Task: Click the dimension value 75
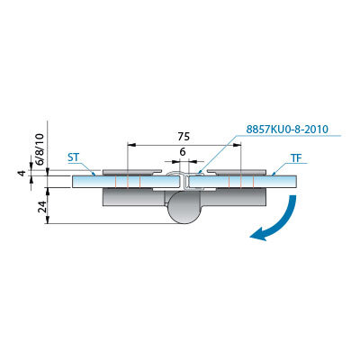(x=184, y=137)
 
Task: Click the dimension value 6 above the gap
(x=183, y=152)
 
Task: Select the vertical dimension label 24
(x=43, y=206)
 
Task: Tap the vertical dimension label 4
(x=21, y=173)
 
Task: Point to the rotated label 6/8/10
(x=40, y=149)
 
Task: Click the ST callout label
(x=74, y=157)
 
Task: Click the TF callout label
(x=296, y=158)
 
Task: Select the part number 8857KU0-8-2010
(x=287, y=129)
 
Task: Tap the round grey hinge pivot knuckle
(x=182, y=208)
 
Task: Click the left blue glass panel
(x=128, y=182)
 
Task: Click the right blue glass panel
(x=243, y=182)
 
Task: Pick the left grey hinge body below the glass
(x=133, y=198)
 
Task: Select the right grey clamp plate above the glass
(x=237, y=172)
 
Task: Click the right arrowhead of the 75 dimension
(x=237, y=145)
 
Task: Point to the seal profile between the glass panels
(x=185, y=181)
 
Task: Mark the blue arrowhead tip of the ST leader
(x=94, y=175)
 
